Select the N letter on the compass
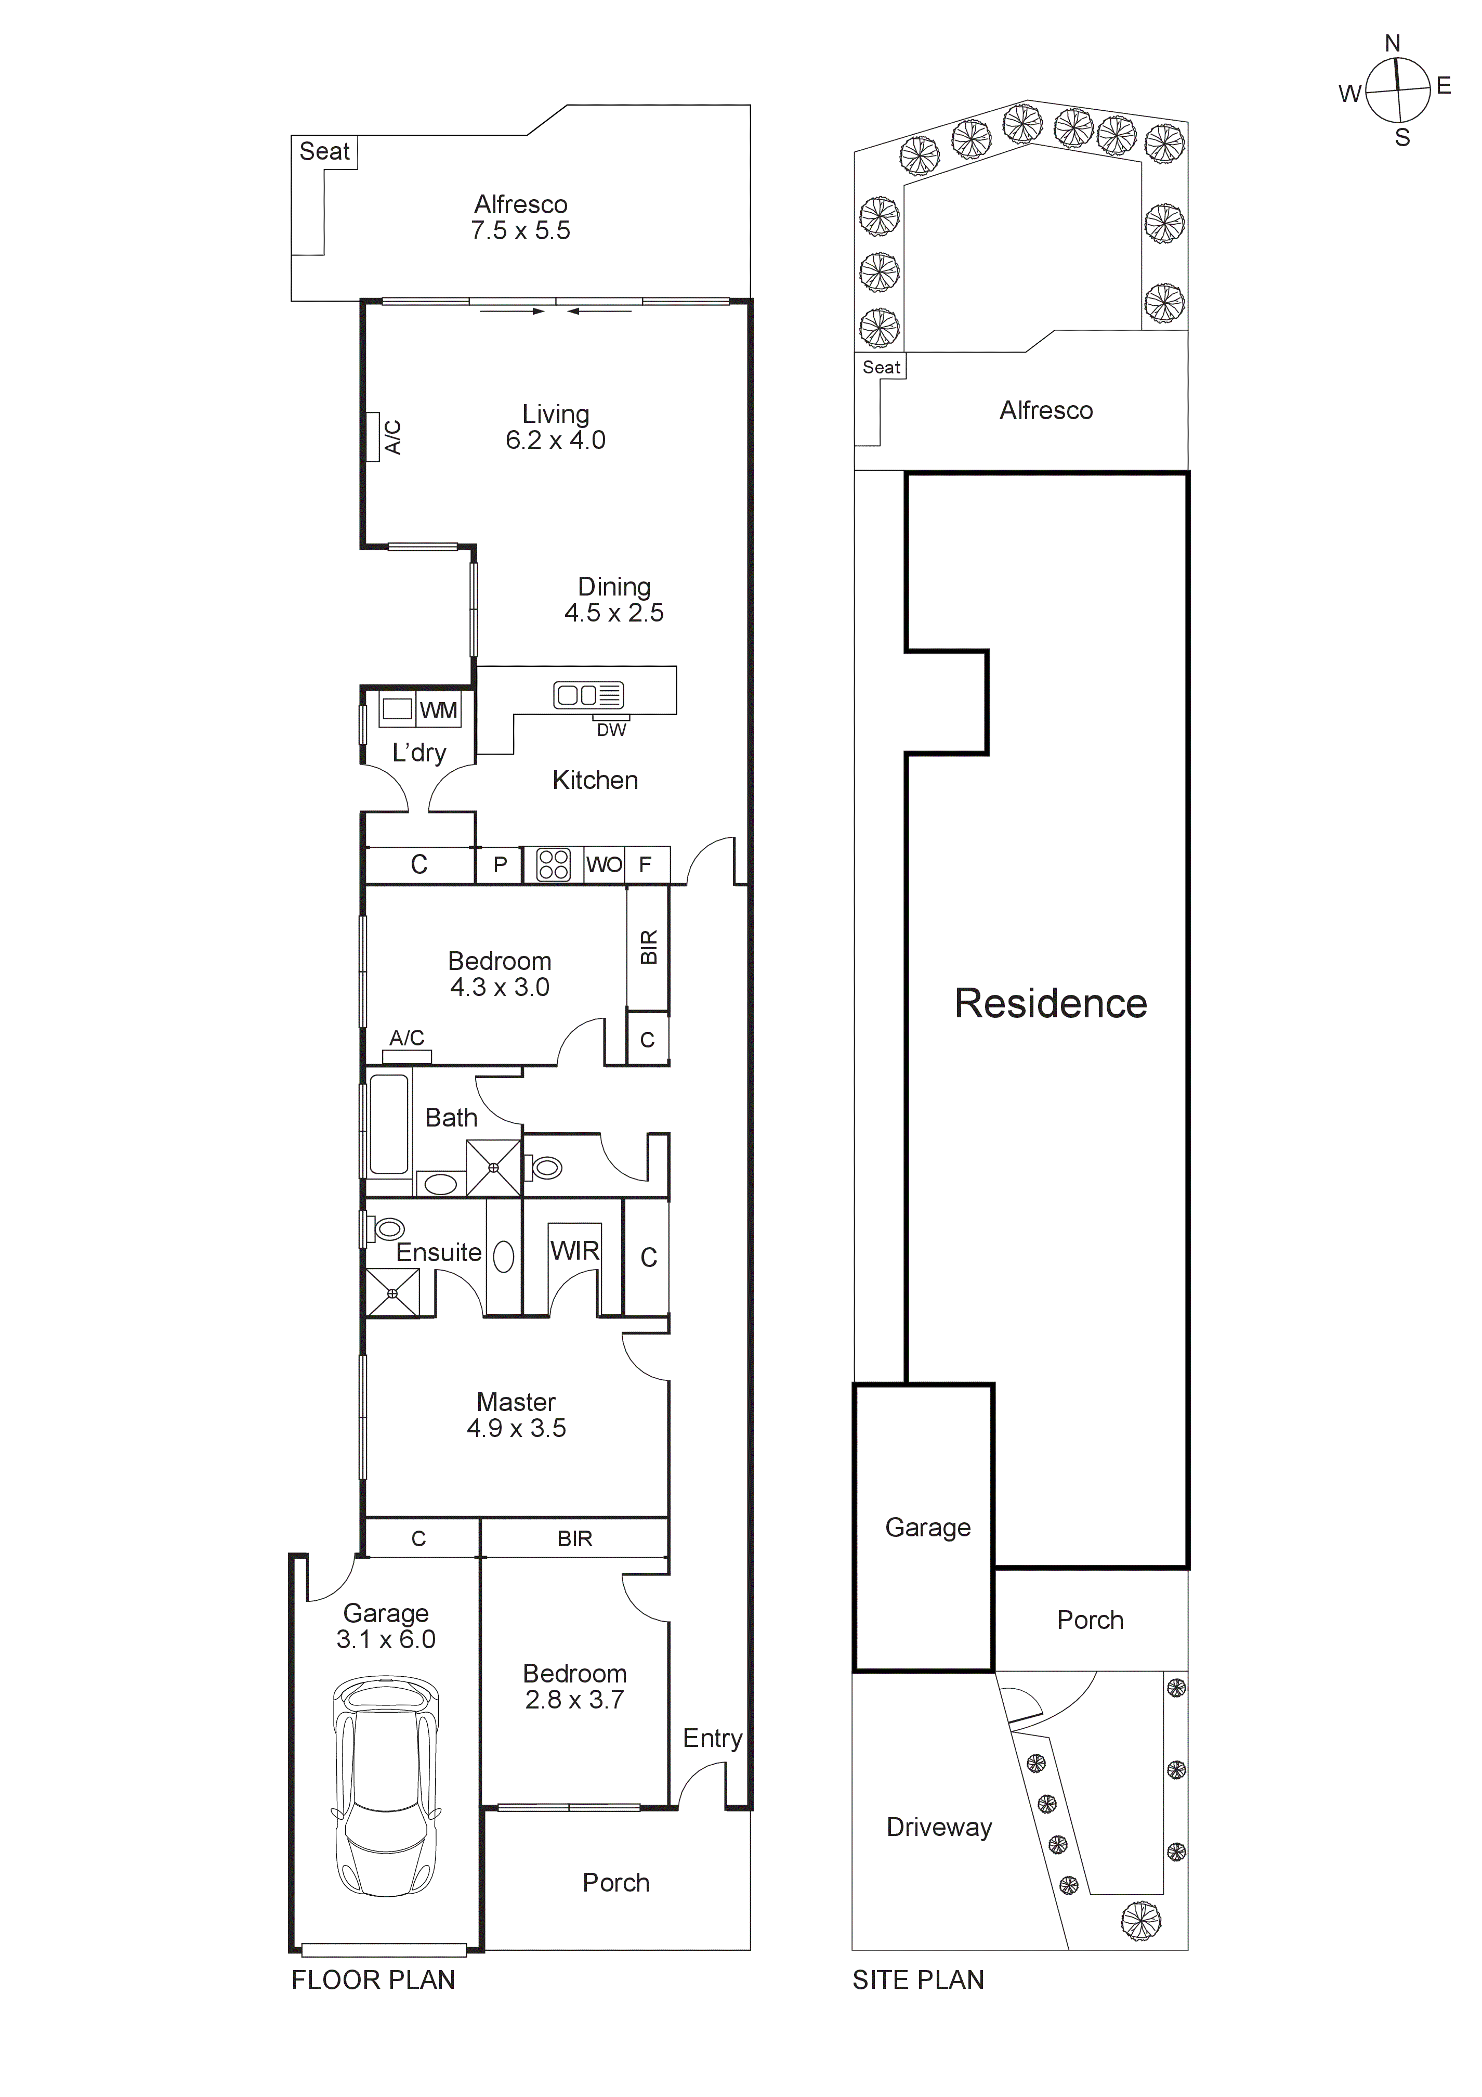(x=1393, y=43)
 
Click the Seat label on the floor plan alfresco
(x=324, y=152)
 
